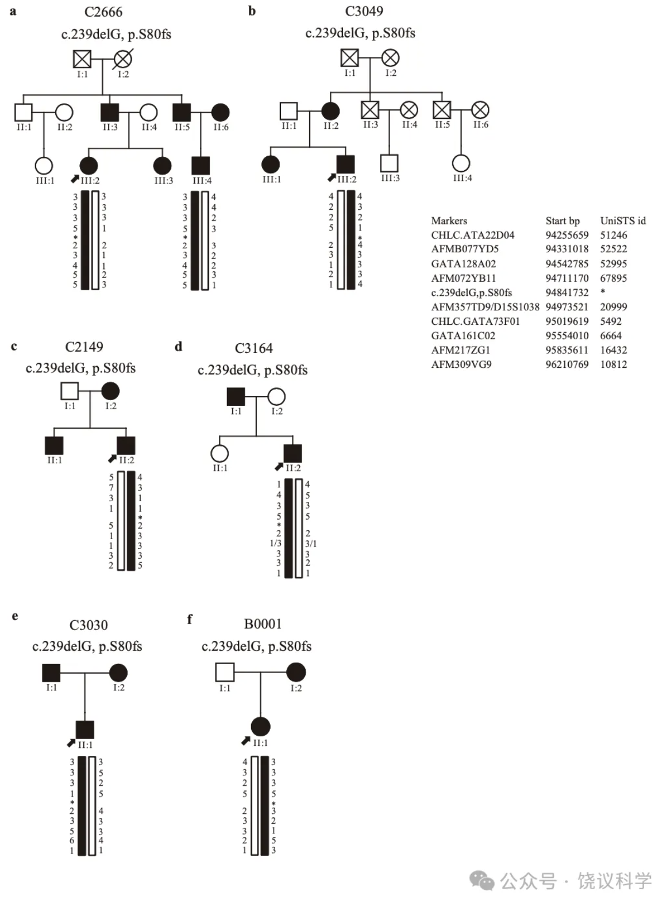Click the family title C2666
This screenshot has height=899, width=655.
tap(103, 12)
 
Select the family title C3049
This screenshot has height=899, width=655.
tap(364, 11)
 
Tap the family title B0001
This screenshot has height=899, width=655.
tap(263, 624)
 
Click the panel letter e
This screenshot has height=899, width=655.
tap(15, 616)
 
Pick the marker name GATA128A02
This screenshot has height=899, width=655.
tap(463, 264)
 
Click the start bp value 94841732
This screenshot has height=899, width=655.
tap(567, 293)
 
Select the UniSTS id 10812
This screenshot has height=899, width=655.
tap(614, 364)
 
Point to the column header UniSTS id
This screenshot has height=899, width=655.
tap(623, 221)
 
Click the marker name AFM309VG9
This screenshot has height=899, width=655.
tap(461, 364)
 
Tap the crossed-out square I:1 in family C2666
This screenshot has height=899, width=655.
tap(82, 59)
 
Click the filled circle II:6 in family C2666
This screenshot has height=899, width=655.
tap(221, 113)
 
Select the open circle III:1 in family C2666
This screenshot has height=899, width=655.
tap(44, 166)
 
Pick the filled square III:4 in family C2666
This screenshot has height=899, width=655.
tap(201, 166)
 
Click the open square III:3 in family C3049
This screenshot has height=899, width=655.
tap(390, 163)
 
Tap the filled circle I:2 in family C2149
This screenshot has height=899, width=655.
tap(110, 391)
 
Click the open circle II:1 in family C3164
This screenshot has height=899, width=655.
tap(219, 454)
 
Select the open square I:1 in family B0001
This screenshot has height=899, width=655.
tap(225, 672)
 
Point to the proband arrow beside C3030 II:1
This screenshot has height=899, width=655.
tap(71, 743)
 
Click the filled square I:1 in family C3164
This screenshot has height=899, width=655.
tap(236, 397)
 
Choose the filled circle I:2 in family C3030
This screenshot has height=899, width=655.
tap(118, 673)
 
